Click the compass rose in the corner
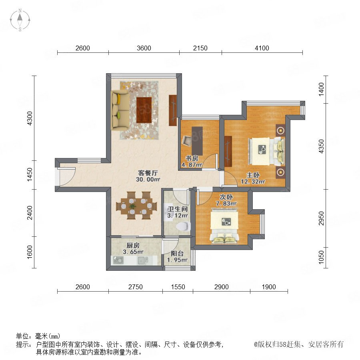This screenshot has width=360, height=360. pos(20,20)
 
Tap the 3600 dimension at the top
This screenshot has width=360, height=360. pos(144,48)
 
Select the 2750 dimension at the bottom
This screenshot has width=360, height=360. pos(136,287)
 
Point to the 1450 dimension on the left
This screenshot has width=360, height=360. pos(30,174)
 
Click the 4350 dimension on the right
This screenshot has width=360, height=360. pos(321,146)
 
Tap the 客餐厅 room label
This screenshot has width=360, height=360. pos(148,173)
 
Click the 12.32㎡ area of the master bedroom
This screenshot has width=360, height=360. pos(253,182)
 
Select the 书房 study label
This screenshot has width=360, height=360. pos(192,158)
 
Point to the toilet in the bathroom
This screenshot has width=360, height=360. pos(184,226)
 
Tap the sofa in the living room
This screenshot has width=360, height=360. pos(120,110)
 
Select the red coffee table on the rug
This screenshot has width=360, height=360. pos(144,110)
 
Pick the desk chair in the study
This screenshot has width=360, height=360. pos(187,140)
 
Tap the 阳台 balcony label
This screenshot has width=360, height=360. pos(177,254)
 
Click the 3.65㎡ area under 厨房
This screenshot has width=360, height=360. pos(133,252)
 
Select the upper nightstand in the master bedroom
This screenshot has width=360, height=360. pos(280,131)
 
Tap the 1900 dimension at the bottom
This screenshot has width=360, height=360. pos(269,287)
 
